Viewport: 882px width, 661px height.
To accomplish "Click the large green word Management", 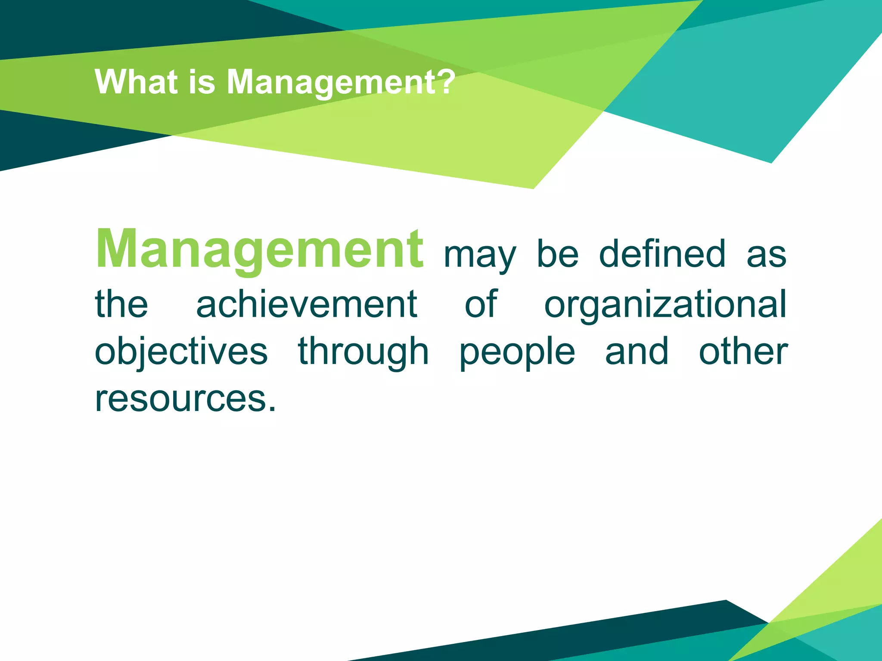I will tap(260, 250).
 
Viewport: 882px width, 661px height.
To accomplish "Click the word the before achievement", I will tap(121, 304).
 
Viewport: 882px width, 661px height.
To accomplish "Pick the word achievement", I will tap(307, 304).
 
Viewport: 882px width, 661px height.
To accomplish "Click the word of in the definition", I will tap(481, 304).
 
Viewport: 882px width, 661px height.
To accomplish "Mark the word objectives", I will tap(181, 352).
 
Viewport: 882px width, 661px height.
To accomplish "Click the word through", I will tap(363, 352).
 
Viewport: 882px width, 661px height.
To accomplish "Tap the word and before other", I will tap(637, 351).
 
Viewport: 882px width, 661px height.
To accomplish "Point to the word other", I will tap(743, 351).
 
